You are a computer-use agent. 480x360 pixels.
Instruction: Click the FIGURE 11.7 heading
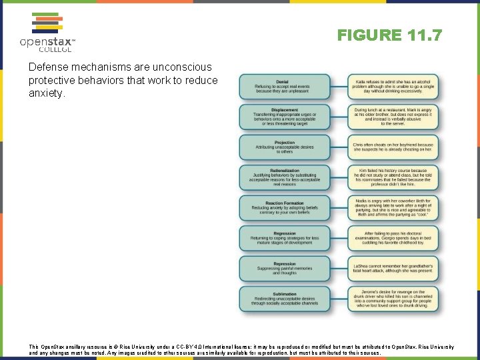click(x=389, y=35)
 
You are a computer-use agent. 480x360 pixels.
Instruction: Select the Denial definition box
click(x=285, y=87)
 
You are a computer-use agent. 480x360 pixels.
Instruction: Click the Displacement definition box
click(x=285, y=117)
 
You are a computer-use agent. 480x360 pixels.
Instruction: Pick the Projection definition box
click(x=285, y=147)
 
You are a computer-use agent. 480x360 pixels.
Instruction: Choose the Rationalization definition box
click(x=285, y=177)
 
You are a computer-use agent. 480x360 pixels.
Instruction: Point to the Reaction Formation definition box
click(x=285, y=208)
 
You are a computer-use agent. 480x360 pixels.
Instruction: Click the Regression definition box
click(x=285, y=238)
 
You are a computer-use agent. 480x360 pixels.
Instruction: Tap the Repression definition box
click(x=285, y=269)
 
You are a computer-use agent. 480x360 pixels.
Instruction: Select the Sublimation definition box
click(x=285, y=299)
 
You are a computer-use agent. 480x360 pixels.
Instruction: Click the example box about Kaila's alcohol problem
click(x=393, y=87)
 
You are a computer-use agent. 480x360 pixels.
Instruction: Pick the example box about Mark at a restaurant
click(x=393, y=117)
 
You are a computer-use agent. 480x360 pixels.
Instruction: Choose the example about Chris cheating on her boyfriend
click(x=393, y=147)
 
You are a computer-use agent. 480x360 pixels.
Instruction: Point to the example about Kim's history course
click(x=393, y=177)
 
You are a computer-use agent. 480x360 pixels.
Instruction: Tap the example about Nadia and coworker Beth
click(x=393, y=208)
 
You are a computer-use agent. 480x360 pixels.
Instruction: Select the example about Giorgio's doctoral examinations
click(x=393, y=238)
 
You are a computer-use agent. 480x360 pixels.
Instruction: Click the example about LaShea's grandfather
click(x=393, y=269)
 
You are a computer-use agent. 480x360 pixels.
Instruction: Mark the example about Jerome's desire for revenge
click(x=393, y=299)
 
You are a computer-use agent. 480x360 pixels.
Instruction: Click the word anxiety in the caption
click(x=46, y=94)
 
